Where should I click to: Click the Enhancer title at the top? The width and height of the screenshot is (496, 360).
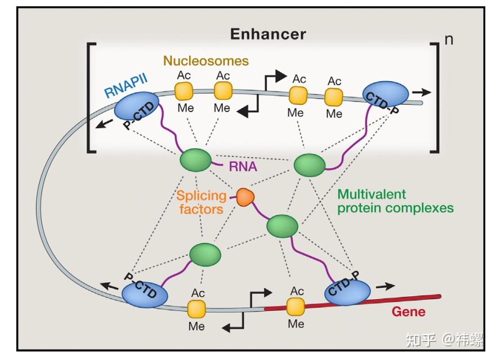267,34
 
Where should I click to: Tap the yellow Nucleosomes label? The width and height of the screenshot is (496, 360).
205,60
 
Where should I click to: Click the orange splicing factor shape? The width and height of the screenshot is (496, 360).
245,197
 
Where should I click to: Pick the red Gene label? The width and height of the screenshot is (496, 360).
408,312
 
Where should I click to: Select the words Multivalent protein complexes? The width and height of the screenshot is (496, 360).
395,201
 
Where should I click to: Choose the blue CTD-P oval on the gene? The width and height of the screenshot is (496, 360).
347,291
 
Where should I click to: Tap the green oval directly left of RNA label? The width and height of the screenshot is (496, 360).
195,160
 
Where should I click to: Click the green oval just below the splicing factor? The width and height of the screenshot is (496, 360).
282,225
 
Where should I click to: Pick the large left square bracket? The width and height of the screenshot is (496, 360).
91,97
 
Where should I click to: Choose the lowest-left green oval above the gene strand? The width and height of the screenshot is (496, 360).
205,254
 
